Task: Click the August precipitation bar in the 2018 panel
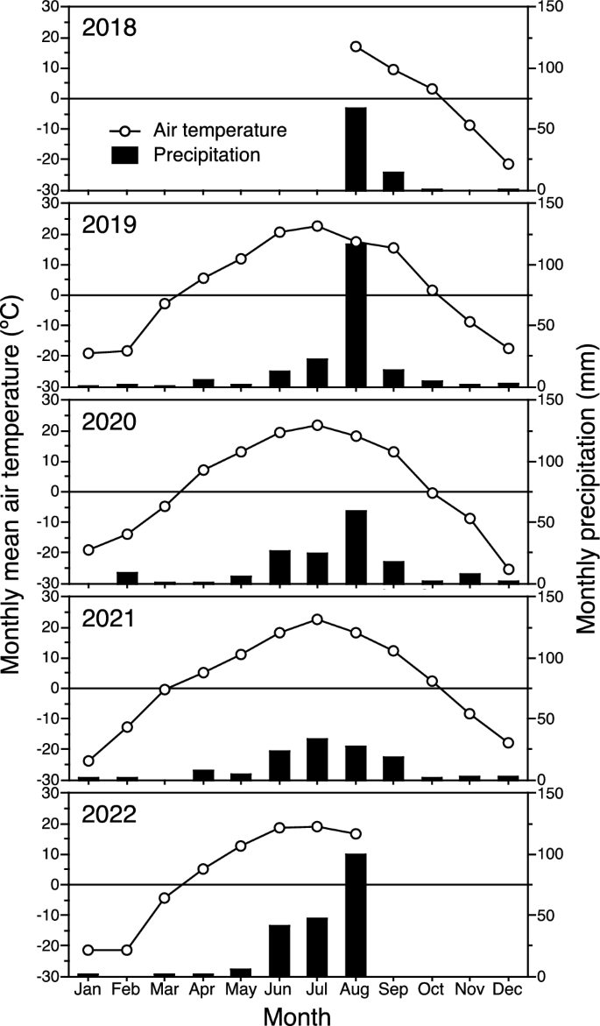pyautogui.click(x=356, y=148)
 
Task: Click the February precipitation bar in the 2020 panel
pyautogui.click(x=128, y=577)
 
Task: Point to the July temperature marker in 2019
pyautogui.click(x=317, y=226)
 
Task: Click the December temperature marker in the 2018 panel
pyautogui.click(x=508, y=164)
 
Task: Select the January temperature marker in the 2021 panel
pyautogui.click(x=88, y=761)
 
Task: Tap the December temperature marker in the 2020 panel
pyautogui.click(x=508, y=569)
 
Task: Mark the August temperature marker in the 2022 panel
pyautogui.click(x=356, y=833)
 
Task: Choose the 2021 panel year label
pyautogui.click(x=109, y=618)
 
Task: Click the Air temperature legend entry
pyautogui.click(x=220, y=131)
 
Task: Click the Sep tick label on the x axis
pyautogui.click(x=393, y=989)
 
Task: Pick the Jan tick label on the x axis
pyautogui.click(x=88, y=989)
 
